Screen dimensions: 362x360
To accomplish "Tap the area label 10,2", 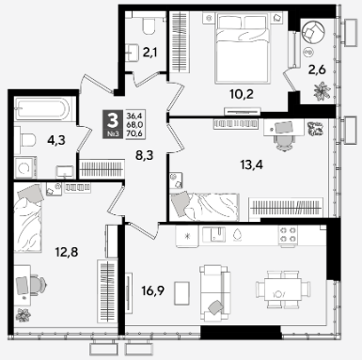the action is pyautogui.click(x=242, y=94).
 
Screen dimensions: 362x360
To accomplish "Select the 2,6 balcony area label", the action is pyautogui.click(x=317, y=70).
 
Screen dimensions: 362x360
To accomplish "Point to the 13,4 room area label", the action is pyautogui.click(x=251, y=164).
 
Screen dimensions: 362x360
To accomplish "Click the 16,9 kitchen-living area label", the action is pyautogui.click(x=153, y=291).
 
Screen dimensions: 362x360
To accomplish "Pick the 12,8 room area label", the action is pyautogui.click(x=67, y=252).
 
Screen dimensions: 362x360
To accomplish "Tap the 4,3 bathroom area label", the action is pyautogui.click(x=56, y=140).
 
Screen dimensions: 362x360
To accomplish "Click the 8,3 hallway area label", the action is pyautogui.click(x=144, y=155).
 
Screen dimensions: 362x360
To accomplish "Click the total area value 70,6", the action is pyautogui.click(x=134, y=133).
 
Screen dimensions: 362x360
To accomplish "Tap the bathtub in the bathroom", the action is pyautogui.click(x=41, y=109).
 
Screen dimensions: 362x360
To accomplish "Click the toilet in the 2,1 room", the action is pyautogui.click(x=149, y=25).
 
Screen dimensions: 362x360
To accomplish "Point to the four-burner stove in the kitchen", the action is pyautogui.click(x=288, y=235).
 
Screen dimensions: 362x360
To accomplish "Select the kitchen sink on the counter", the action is pyautogui.click(x=214, y=235).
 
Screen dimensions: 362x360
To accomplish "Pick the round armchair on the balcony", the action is pyautogui.click(x=314, y=31).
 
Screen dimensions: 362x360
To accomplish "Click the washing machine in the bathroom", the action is pyautogui.click(x=25, y=167).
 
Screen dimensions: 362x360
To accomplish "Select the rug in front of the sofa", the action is pyautogui.click(x=181, y=293).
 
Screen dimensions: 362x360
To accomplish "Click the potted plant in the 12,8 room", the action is pyautogui.click(x=24, y=315).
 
